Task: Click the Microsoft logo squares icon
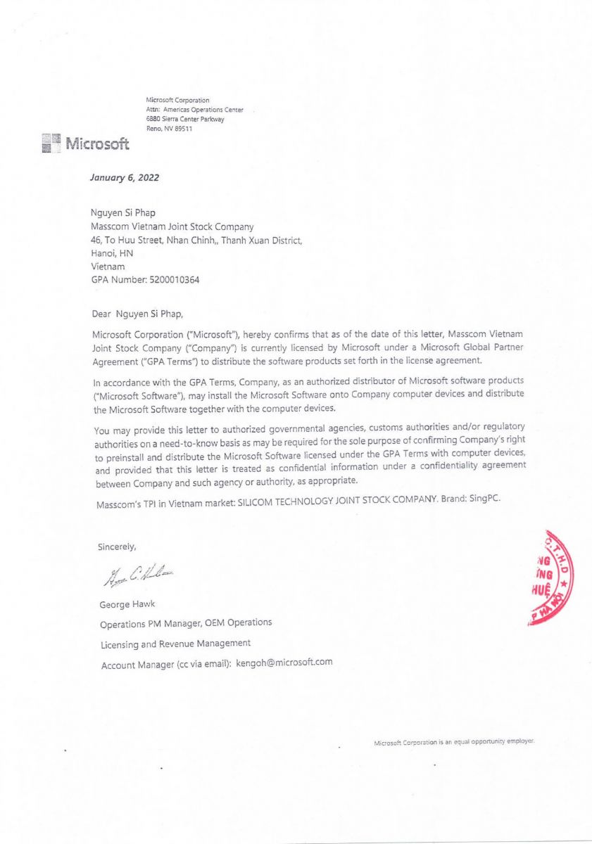[51, 144]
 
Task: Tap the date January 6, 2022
[125, 178]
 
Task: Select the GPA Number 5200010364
[175, 280]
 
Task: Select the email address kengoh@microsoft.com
[284, 662]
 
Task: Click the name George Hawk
[127, 604]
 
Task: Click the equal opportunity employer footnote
[454, 742]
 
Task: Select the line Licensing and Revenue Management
[175, 643]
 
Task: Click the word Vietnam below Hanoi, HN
[108, 267]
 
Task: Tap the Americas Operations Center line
[194, 110]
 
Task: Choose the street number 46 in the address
[96, 240]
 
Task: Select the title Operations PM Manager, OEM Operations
[186, 623]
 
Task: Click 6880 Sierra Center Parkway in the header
[184, 119]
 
